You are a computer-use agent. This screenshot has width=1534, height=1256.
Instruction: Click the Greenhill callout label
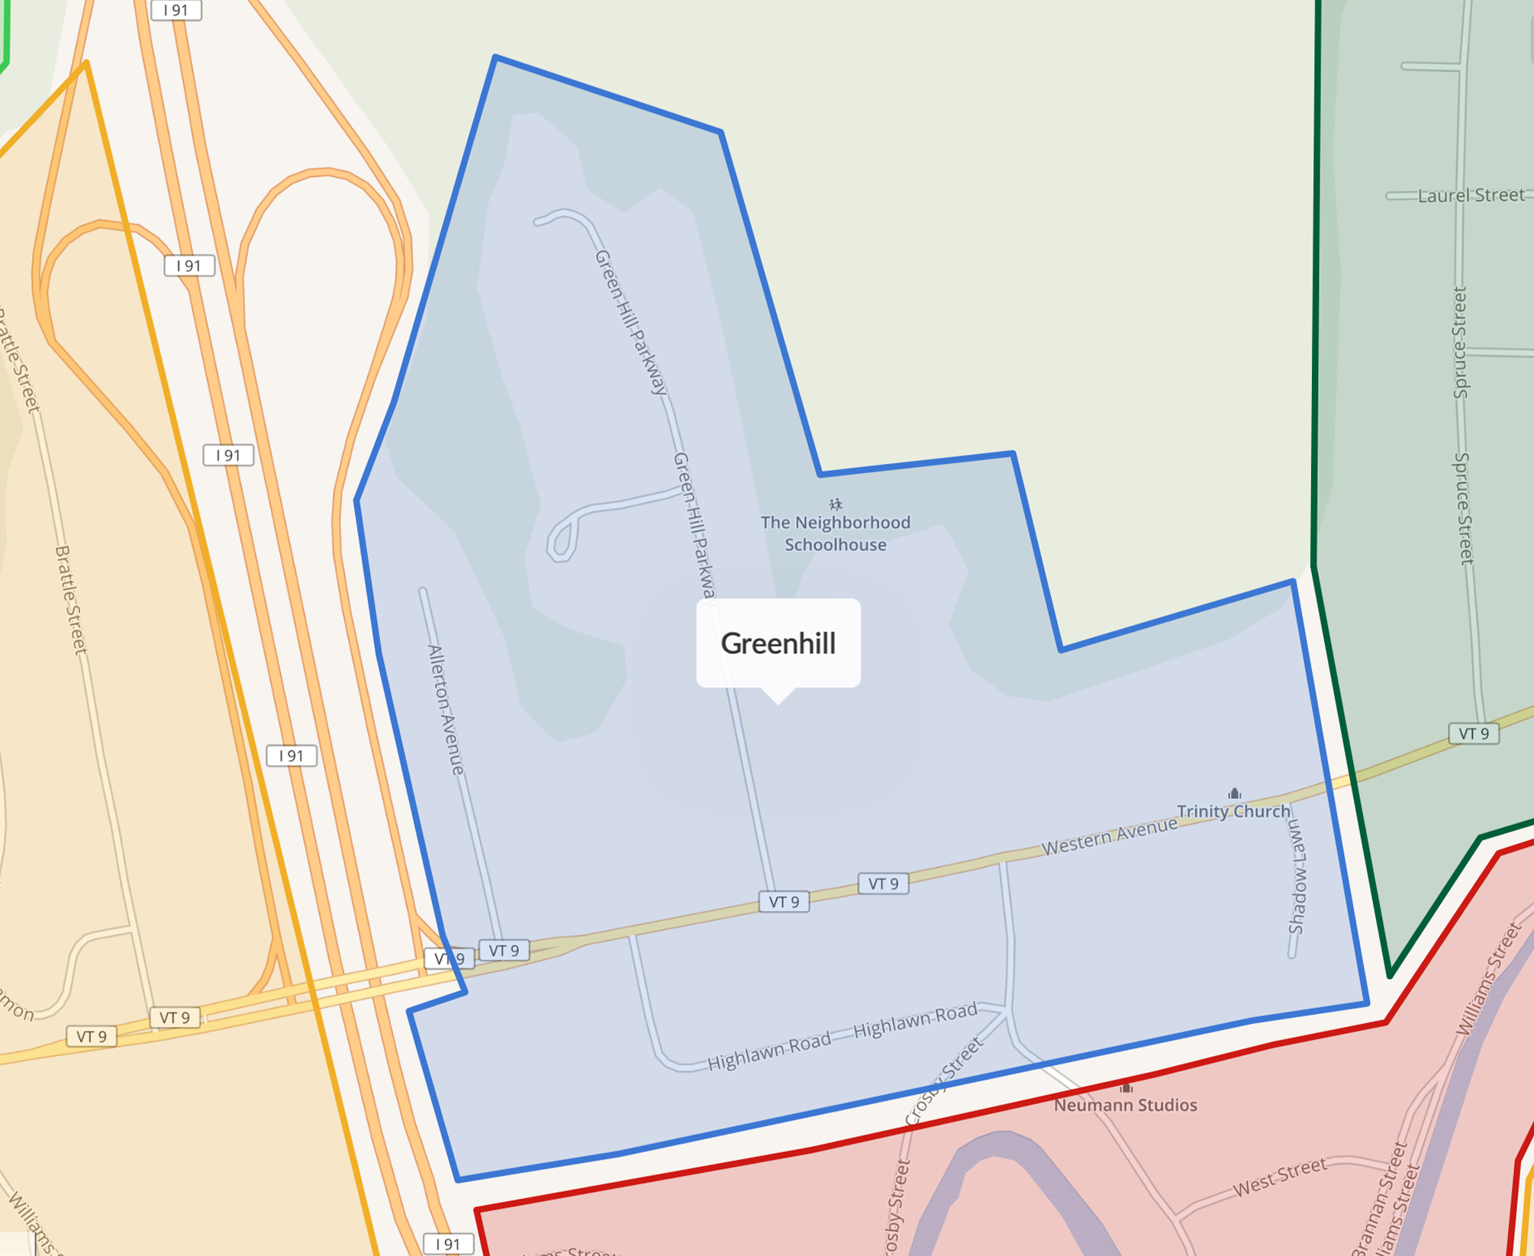778,643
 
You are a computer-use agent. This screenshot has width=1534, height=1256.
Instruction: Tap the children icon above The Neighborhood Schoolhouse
836,504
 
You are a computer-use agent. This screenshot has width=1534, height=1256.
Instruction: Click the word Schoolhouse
836,545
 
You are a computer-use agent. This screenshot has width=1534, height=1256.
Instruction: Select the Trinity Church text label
1233,811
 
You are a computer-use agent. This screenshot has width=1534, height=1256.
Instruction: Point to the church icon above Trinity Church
1234,794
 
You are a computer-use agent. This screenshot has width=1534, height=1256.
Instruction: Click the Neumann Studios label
1125,1105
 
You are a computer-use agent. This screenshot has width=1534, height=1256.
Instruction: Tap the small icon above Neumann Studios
1126,1087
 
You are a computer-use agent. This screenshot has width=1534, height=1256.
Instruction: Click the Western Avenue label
1109,837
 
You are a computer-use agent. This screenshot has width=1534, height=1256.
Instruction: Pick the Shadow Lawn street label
1297,878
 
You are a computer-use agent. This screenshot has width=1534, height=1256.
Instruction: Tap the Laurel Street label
1470,196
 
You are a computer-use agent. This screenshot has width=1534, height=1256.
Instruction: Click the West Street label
1280,1176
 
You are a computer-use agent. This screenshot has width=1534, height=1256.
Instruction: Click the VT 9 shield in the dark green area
1473,734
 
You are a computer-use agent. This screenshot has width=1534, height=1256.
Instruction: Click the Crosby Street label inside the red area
895,1206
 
